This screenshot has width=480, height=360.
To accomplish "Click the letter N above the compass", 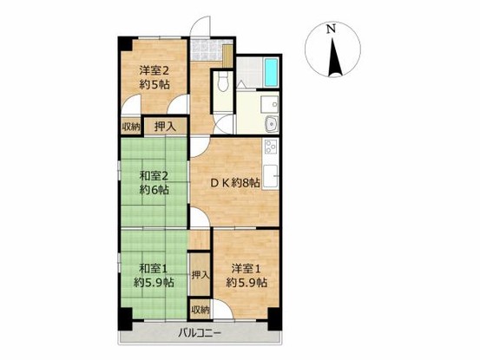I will (331, 29).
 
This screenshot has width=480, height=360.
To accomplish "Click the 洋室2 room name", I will (154, 70).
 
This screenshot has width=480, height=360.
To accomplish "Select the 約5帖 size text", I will (154, 84).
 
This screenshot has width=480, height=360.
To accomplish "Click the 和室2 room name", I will (154, 177).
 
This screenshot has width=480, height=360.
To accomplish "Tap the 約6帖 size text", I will (154, 191).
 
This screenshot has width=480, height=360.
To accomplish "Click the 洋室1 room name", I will (246, 268).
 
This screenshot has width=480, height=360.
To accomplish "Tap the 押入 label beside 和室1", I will (200, 275).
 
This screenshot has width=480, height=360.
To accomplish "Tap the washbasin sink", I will (269, 122).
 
